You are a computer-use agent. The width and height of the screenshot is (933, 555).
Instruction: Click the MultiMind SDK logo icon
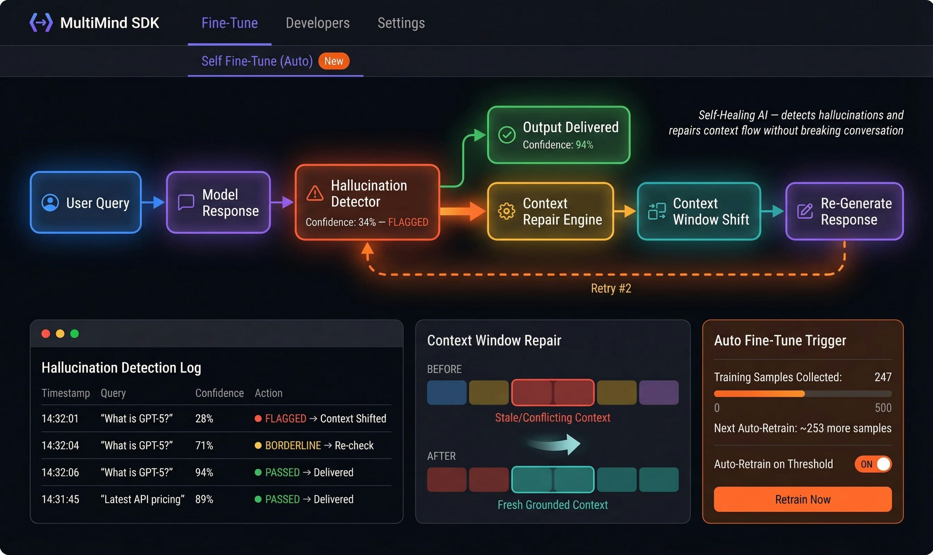[41, 23]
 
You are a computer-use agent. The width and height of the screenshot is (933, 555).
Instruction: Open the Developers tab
[317, 23]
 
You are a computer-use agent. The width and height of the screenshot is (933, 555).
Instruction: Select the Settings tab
[401, 23]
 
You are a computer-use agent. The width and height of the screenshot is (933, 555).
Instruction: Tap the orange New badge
[334, 61]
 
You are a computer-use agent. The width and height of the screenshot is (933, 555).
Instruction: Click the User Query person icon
[50, 203]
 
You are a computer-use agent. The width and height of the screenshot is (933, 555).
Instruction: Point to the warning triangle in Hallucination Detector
[315, 193]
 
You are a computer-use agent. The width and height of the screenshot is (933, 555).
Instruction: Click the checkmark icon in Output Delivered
[507, 135]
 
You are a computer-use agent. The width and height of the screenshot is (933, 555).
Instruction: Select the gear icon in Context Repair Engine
[506, 211]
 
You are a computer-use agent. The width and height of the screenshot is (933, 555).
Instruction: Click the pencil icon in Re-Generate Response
[805, 211]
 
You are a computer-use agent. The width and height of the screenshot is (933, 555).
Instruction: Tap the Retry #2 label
[611, 288]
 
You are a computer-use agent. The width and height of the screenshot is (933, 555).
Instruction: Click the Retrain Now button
[802, 499]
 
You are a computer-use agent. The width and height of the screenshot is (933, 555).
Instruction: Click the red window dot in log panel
[46, 334]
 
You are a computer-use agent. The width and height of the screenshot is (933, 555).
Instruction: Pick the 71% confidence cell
[204, 445]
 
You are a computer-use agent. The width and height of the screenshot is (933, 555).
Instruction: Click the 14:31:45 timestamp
[60, 499]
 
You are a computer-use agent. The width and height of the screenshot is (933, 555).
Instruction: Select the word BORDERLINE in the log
[293, 445]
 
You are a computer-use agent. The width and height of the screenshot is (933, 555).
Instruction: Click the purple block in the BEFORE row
[658, 393]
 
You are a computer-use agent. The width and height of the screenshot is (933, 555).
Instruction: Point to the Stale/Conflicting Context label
[552, 417]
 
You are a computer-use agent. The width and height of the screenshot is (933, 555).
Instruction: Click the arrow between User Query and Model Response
[153, 202]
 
